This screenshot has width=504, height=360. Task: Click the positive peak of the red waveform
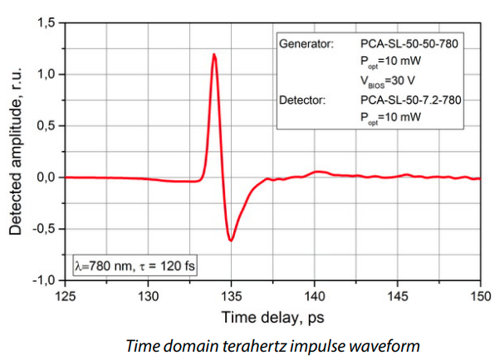click(x=214, y=56)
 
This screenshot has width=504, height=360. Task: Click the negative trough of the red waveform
click(x=231, y=240)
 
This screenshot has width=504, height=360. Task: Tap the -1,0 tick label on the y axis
click(x=43, y=280)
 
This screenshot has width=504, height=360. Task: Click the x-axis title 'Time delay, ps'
click(x=272, y=317)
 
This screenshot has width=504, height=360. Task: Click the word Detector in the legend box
click(x=306, y=100)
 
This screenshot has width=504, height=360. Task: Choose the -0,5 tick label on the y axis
click(x=43, y=229)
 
